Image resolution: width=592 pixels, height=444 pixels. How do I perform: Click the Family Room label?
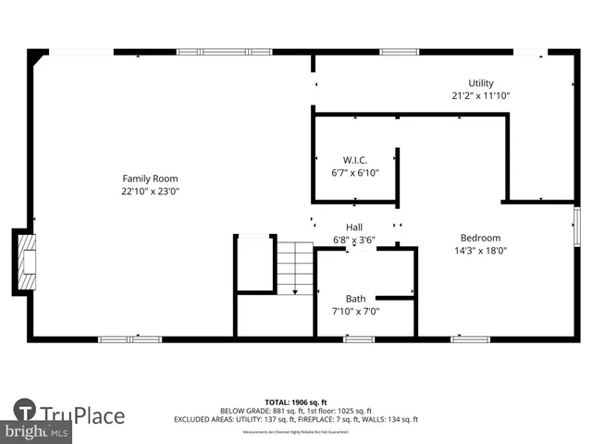(151, 179)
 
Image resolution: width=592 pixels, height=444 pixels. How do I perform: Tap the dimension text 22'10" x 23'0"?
(151, 191)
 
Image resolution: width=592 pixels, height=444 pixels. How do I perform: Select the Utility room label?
(481, 82)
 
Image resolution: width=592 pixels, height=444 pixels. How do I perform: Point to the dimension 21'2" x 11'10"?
(481, 95)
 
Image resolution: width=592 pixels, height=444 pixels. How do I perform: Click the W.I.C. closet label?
(355, 160)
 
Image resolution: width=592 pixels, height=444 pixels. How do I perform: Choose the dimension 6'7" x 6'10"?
(355, 173)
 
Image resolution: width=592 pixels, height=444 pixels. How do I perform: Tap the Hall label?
(354, 227)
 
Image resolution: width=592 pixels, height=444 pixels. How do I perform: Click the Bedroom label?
(481, 238)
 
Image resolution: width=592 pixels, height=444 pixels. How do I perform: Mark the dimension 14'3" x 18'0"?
(481, 250)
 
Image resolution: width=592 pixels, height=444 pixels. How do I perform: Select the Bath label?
(356, 298)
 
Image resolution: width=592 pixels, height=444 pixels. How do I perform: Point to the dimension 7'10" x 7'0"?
(356, 311)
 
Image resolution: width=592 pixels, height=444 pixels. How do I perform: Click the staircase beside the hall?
(295, 266)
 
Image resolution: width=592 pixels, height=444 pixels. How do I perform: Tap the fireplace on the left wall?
(26, 263)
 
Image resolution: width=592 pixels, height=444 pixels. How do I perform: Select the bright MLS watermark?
(37, 432)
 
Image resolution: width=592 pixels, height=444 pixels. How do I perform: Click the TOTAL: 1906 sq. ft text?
(295, 401)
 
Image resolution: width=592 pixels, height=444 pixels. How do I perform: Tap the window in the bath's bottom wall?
(359, 339)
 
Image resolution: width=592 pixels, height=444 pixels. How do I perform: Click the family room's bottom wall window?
(130, 339)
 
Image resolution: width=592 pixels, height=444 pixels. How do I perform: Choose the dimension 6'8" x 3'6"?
(354, 240)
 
